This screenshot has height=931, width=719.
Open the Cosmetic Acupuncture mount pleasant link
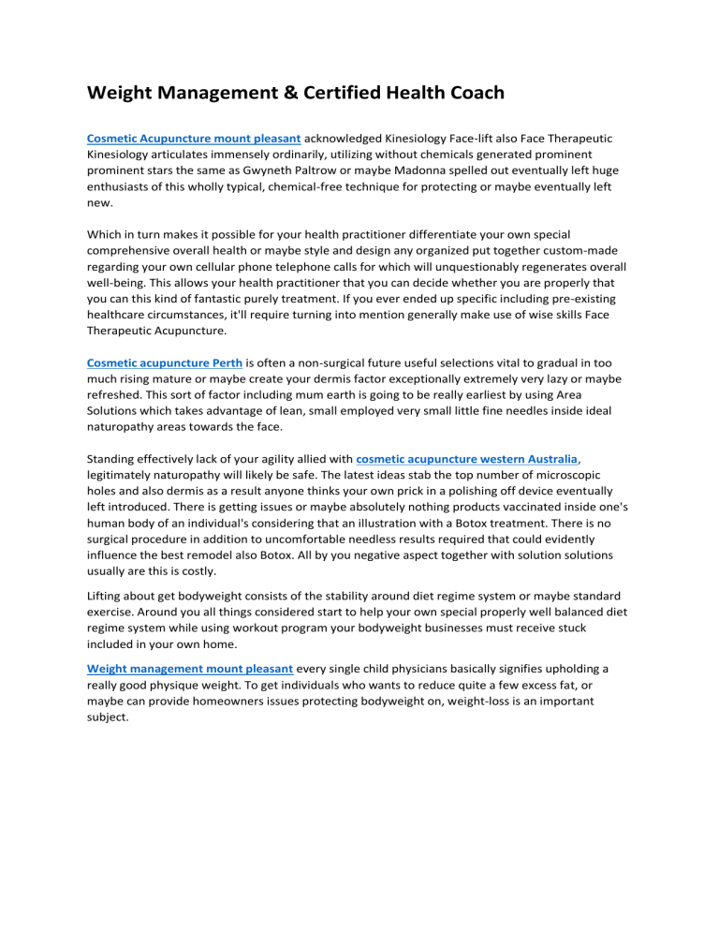point(193,138)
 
